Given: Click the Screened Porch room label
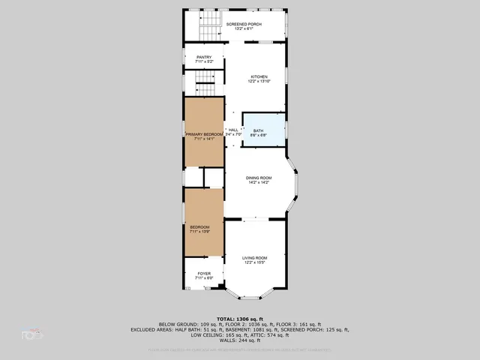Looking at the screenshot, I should click(243, 24).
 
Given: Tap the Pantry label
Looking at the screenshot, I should click(204, 57).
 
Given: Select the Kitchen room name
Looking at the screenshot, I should click(259, 76).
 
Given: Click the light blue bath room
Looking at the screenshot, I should click(264, 130).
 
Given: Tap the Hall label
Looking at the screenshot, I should click(232, 130).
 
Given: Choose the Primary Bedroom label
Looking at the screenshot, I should click(204, 133).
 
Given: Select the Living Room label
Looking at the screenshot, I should click(254, 257).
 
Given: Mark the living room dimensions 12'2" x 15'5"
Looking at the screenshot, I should click(254, 262).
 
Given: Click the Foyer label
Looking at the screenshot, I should click(204, 273).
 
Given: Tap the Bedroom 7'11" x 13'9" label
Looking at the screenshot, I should click(199, 227).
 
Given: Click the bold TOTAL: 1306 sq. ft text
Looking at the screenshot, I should click(240, 318).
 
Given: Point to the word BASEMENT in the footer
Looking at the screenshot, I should click(247, 329).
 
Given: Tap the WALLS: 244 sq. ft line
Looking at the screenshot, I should click(240, 340).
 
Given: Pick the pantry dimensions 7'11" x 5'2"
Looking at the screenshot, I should click(204, 62).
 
